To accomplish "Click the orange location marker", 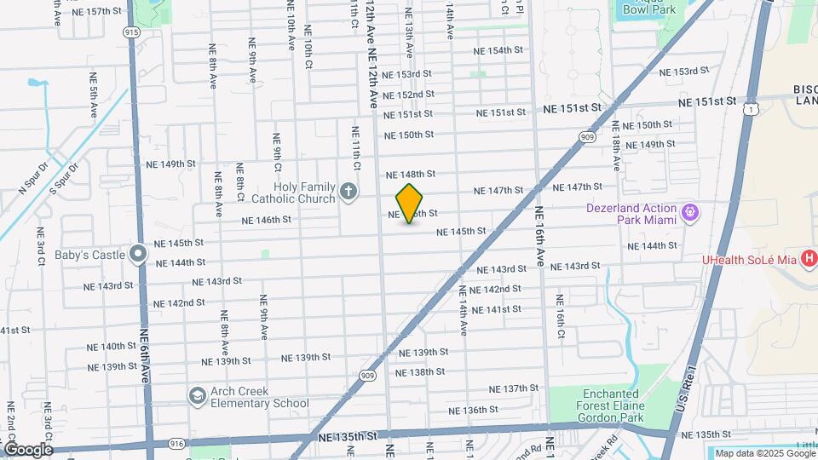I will coord(410,203).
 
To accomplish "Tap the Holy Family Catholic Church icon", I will coord(348,192).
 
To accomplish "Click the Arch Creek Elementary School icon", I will coord(198,396).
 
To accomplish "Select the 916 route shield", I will coord(176,444).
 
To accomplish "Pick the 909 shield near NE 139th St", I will coord(367,375).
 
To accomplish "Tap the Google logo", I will coord(28,449).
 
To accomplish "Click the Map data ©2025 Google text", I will coord(764,454).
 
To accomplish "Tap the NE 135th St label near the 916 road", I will coord(347,436).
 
